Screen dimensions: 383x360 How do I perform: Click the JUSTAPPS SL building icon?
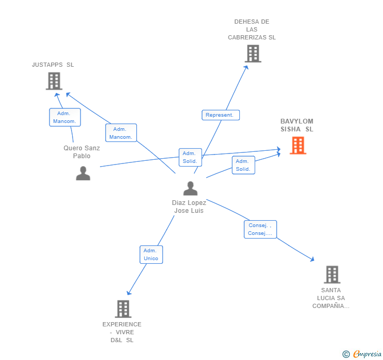(x=54, y=81)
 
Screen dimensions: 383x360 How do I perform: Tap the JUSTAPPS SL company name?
(x=53, y=65)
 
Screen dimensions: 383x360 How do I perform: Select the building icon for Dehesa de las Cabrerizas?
(x=253, y=54)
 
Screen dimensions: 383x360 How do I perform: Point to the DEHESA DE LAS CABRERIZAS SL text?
(x=251, y=29)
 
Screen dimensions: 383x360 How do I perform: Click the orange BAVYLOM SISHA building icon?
(x=298, y=146)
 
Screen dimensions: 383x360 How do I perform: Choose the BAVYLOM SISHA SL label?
(x=296, y=125)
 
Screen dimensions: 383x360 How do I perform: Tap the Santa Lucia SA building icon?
(x=331, y=274)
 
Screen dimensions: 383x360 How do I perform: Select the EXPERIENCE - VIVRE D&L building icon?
(x=123, y=309)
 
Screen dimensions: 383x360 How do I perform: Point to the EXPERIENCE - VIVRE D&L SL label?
(x=122, y=332)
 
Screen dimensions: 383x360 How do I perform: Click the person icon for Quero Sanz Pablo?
(x=83, y=173)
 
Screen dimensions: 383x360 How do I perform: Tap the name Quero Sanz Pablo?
(x=82, y=152)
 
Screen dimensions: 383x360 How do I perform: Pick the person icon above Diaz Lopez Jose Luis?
(x=190, y=188)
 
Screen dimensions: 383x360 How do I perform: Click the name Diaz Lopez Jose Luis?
(x=189, y=207)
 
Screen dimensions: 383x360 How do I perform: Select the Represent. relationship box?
(x=220, y=115)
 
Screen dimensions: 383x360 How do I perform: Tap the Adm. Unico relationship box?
(x=151, y=254)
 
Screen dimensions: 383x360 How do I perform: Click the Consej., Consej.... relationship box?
(x=260, y=229)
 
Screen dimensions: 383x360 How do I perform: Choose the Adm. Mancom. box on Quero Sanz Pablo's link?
(x=65, y=117)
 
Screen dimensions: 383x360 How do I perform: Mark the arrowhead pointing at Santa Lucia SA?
(x=313, y=259)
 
